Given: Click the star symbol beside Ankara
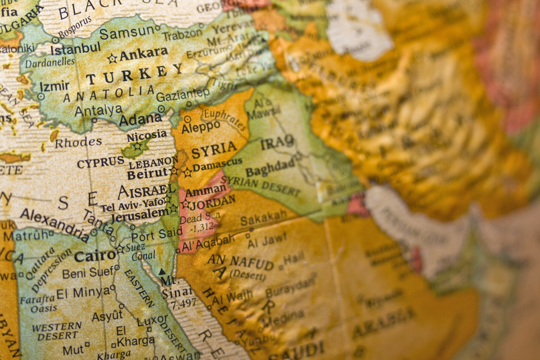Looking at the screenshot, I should click(112, 58).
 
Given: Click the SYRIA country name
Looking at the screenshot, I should click(214, 149).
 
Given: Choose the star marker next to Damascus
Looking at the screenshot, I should click(187, 172).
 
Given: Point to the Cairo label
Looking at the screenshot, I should click(95, 256).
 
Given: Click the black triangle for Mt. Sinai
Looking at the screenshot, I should click(162, 272).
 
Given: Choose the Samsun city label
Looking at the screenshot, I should click(127, 32).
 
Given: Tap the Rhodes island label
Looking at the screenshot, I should click(78, 142).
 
